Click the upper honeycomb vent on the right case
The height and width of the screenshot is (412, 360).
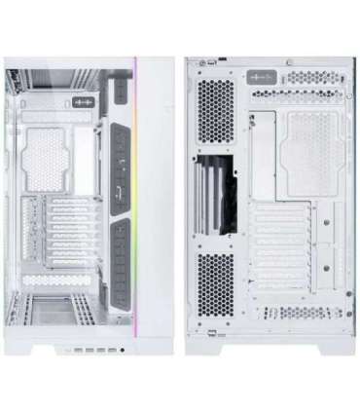pyautogui.click(x=213, y=121)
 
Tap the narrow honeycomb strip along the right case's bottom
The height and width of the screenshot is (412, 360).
pyautogui.click(x=282, y=326)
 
